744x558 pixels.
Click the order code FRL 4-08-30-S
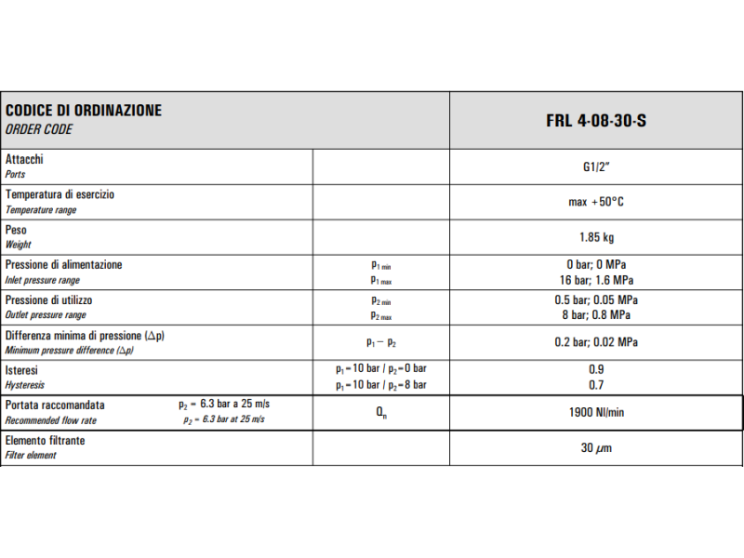(595, 120)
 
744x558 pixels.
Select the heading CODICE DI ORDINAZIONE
(84, 111)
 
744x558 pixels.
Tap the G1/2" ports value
(596, 167)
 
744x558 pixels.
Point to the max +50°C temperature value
(596, 202)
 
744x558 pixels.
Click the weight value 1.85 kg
(596, 237)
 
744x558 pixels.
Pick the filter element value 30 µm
(596, 448)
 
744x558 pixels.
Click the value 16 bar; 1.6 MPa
(596, 280)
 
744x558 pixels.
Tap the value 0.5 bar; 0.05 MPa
(596, 300)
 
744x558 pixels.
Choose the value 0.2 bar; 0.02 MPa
(596, 341)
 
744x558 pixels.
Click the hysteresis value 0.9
(596, 369)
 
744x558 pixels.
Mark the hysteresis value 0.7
(596, 384)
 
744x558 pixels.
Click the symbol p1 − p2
(381, 342)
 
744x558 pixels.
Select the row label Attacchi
(24, 160)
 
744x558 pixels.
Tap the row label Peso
(17, 230)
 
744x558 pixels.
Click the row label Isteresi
(21, 370)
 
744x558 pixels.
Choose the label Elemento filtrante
(45, 441)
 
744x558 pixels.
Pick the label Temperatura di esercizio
(60, 195)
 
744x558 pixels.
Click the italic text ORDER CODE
(39, 130)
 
